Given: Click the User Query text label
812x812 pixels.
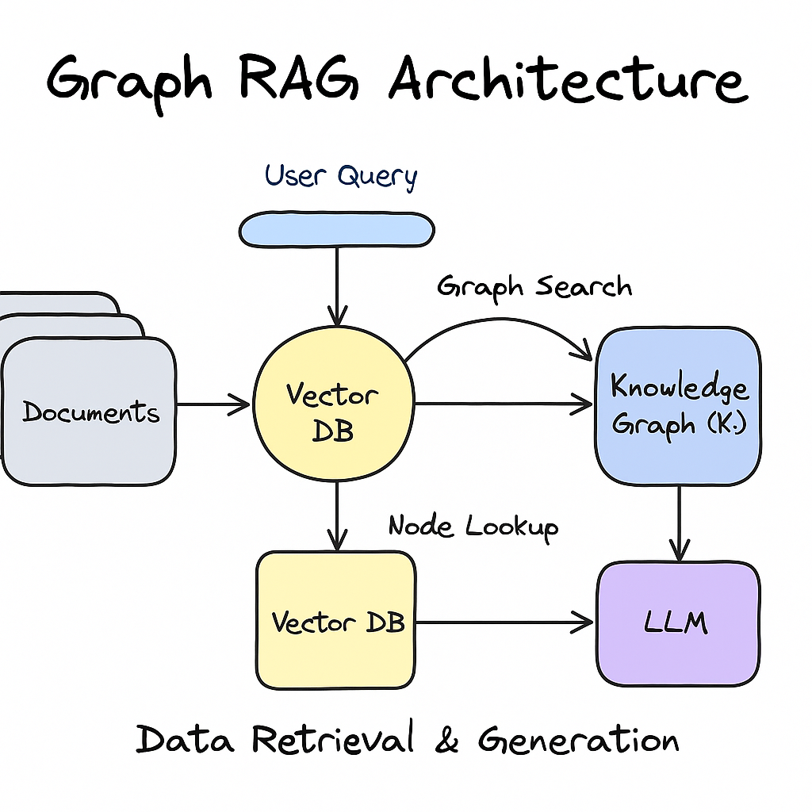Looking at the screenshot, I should [341, 176].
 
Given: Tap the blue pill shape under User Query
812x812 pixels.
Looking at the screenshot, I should [337, 229].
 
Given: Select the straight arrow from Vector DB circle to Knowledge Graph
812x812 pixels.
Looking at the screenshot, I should [504, 404].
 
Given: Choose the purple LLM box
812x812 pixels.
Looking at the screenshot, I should [678, 622].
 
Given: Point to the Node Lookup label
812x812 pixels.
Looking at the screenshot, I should [473, 526].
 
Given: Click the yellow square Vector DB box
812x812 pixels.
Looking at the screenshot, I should [336, 620].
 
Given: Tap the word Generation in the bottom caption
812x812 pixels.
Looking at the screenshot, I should [578, 740].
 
